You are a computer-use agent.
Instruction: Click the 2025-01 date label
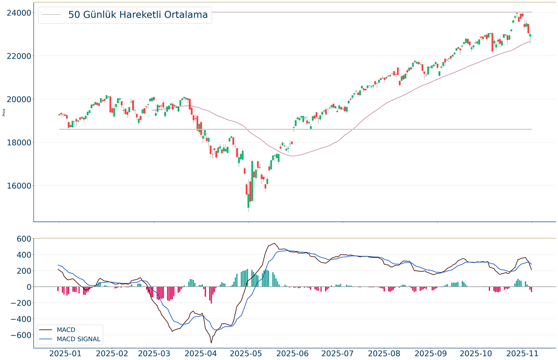click(x=65, y=353)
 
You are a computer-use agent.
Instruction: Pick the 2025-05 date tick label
click(x=248, y=353)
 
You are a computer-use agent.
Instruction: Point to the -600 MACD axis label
click(x=18, y=336)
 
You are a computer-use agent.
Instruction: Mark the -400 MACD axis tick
click(x=18, y=320)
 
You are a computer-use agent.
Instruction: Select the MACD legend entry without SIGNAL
click(x=66, y=330)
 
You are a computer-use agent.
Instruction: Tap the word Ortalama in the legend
click(x=183, y=15)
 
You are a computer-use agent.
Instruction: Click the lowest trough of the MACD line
click(x=211, y=342)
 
